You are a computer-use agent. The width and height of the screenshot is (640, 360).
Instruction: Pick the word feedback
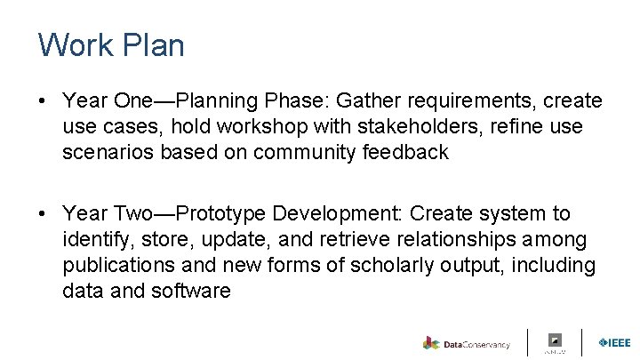(x=405, y=152)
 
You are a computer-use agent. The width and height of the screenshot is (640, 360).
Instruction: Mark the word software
(x=193, y=291)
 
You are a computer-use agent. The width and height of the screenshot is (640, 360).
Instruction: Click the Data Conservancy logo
(x=467, y=343)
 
